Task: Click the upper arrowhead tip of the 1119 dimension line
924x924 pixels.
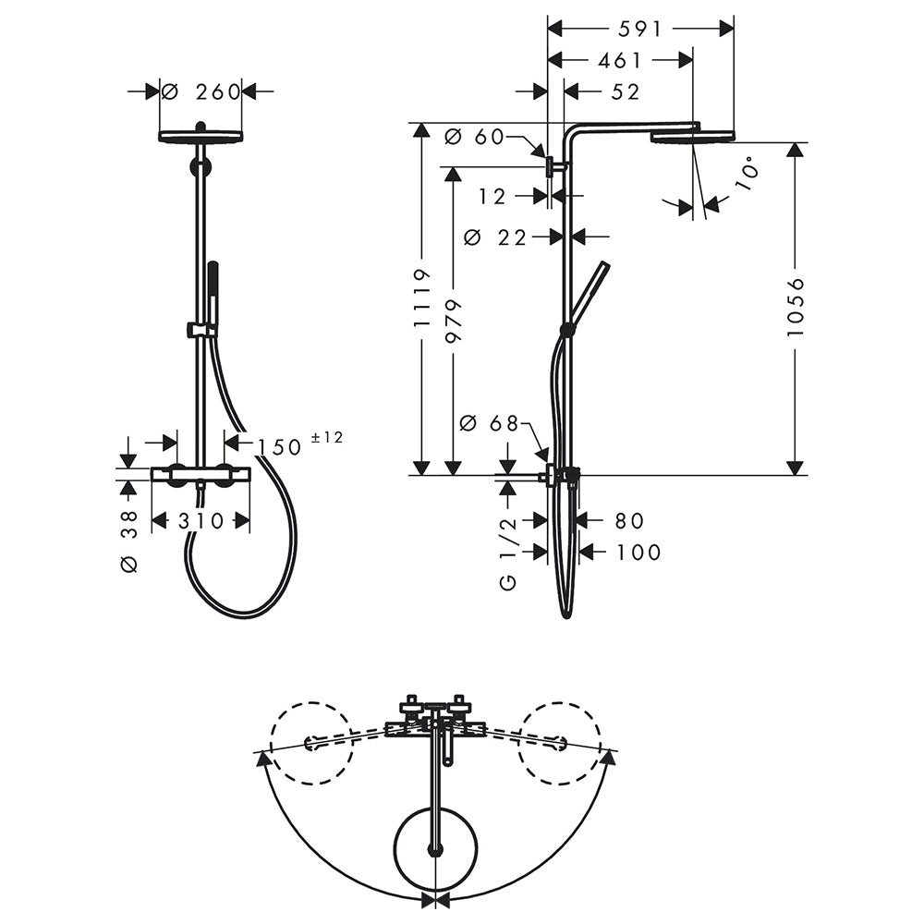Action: point(420,124)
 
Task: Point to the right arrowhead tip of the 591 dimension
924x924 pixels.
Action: point(734,29)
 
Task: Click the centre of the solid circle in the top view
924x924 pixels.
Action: point(435,849)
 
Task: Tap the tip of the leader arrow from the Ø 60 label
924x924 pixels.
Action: point(546,157)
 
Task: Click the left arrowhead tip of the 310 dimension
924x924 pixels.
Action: point(152,521)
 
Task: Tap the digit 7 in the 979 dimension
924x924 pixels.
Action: point(455,322)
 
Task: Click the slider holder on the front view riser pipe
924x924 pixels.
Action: point(200,331)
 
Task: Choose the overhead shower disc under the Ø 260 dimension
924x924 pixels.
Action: point(201,136)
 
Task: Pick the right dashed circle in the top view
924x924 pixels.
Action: point(559,743)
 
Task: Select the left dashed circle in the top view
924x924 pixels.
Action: point(311,743)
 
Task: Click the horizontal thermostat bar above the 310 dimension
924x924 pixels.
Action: point(201,474)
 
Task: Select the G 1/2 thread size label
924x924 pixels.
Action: point(506,552)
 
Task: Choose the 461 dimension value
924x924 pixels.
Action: point(619,60)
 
